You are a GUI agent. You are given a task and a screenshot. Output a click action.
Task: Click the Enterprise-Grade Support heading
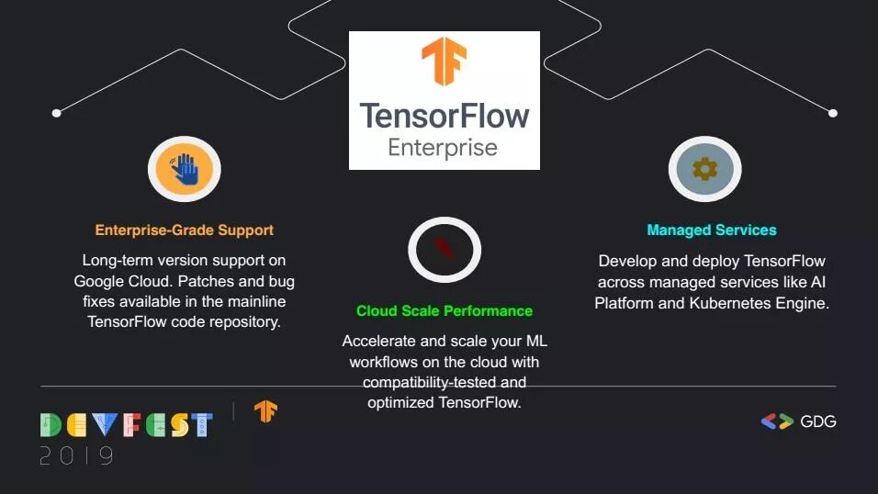click(x=185, y=230)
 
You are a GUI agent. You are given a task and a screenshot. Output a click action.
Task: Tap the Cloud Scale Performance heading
click(x=445, y=311)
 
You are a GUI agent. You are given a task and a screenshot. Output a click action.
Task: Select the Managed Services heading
click(x=712, y=230)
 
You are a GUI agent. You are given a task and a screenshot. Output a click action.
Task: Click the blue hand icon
click(x=186, y=169)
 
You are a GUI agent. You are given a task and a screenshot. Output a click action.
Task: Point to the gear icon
click(x=705, y=169)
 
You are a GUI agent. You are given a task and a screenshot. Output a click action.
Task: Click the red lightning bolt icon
click(x=444, y=249)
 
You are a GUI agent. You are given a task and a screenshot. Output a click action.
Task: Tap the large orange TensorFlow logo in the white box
click(x=444, y=61)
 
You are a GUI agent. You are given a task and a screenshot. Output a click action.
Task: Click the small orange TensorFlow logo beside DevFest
click(x=266, y=411)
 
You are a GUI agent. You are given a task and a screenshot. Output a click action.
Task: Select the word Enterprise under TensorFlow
click(x=443, y=148)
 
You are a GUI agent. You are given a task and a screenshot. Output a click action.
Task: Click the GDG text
click(x=818, y=421)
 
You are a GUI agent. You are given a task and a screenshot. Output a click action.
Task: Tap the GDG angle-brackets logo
click(x=777, y=421)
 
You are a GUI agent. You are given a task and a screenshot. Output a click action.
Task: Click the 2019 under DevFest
click(x=77, y=456)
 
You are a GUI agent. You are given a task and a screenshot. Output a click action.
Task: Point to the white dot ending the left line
click(x=56, y=113)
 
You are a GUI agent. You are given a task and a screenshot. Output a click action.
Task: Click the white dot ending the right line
click(x=833, y=113)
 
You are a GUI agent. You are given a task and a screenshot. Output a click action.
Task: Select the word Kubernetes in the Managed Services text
click(x=730, y=303)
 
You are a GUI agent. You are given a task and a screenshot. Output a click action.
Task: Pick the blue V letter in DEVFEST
click(x=105, y=424)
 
